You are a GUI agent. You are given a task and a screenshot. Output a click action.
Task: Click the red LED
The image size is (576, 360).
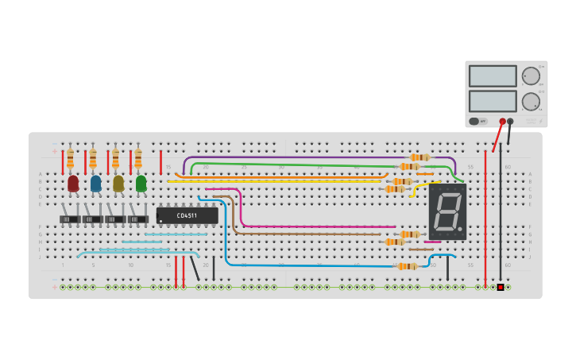73,183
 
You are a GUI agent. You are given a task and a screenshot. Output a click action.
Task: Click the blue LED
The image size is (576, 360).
95,183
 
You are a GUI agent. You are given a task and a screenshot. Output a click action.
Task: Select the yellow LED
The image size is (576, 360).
118,183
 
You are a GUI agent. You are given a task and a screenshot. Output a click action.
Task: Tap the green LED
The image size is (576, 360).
141,183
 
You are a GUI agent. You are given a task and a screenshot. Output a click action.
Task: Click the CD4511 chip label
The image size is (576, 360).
187,215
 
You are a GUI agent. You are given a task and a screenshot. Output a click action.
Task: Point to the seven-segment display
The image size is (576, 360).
447,211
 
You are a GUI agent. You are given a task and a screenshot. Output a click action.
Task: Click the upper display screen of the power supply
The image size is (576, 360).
493,75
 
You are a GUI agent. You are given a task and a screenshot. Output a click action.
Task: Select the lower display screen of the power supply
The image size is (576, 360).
493,101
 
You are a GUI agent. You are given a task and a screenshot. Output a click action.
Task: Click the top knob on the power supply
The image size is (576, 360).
531,76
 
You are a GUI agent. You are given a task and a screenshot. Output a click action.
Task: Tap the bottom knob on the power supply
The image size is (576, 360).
531,101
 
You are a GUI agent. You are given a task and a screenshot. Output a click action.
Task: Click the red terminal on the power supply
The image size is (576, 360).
502,122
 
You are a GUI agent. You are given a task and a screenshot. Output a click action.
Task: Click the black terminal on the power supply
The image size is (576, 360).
510,122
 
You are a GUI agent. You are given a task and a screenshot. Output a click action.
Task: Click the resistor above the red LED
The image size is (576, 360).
70,157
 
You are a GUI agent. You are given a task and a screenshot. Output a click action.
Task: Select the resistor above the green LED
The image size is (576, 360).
138,157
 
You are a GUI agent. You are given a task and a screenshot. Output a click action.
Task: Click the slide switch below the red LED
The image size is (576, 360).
70,219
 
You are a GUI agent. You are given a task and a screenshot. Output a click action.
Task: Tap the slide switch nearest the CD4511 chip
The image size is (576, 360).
138,219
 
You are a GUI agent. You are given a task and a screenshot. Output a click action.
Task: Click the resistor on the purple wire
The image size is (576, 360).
419,157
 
